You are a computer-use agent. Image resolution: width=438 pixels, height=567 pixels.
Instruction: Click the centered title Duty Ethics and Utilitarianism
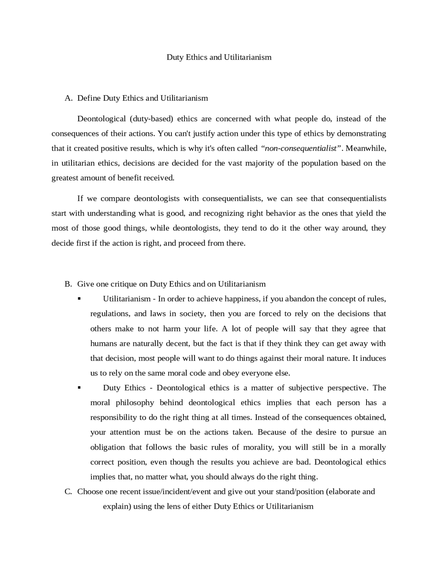pyautogui.click(x=219, y=57)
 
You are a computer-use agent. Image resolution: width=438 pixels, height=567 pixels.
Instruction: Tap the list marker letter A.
pyautogui.click(x=68, y=98)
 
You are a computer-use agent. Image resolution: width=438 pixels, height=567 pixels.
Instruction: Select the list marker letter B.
pyautogui.click(x=68, y=284)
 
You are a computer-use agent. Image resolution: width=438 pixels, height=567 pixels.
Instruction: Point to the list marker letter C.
pyautogui.click(x=68, y=492)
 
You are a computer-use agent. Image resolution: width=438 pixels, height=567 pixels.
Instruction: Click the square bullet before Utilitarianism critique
pyautogui.click(x=79, y=299)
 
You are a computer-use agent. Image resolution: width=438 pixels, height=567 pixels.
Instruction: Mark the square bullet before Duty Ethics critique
pyautogui.click(x=79, y=388)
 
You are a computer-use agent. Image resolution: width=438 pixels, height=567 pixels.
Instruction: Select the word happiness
pyautogui.click(x=241, y=299)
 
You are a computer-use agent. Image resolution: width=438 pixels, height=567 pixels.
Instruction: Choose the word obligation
pyautogui.click(x=107, y=447)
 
